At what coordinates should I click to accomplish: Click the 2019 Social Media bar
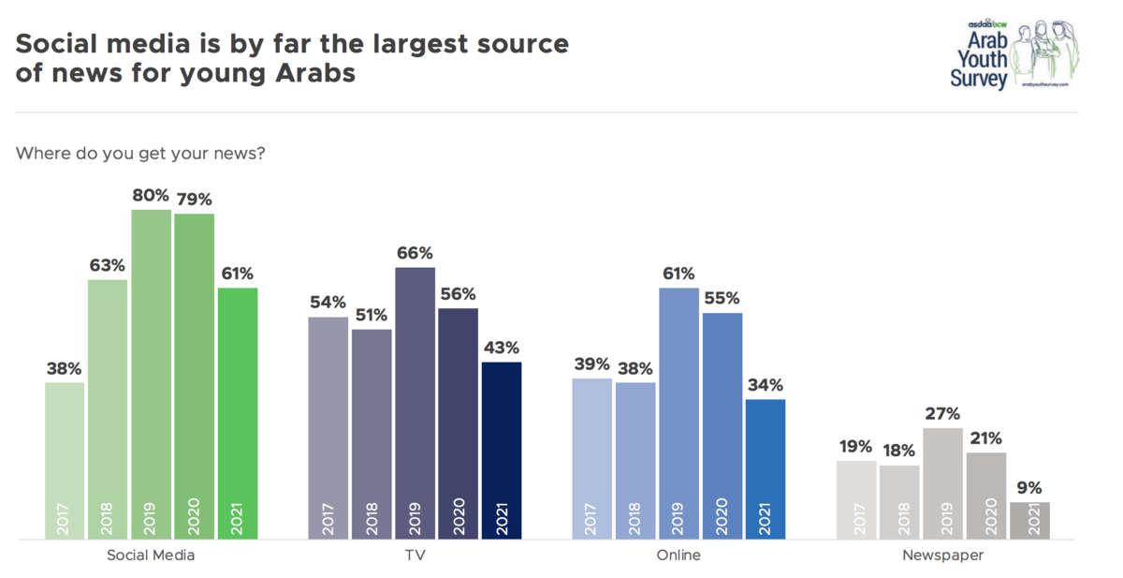(151, 375)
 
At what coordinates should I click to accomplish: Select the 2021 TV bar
(502, 451)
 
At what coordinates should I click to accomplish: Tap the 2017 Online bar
(591, 459)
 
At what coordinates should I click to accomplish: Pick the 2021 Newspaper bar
(1029, 521)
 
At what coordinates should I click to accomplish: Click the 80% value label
(151, 195)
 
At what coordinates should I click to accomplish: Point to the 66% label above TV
(415, 253)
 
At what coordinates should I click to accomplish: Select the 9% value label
(1029, 488)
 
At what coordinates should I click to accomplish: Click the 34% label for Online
(766, 385)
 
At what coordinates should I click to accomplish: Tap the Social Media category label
(151, 555)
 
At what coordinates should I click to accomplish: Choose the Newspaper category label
(943, 556)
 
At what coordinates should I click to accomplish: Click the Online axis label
(678, 555)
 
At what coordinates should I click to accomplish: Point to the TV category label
(416, 555)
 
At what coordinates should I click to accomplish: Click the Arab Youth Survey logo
(1014, 54)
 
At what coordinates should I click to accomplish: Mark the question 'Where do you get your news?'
(140, 153)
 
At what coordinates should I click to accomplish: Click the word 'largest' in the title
(420, 45)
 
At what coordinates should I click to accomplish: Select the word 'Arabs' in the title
(315, 73)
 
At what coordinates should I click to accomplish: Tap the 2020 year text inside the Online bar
(722, 516)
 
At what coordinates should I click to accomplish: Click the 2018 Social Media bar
(108, 409)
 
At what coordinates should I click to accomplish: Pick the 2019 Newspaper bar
(942, 483)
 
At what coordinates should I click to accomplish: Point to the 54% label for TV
(328, 302)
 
